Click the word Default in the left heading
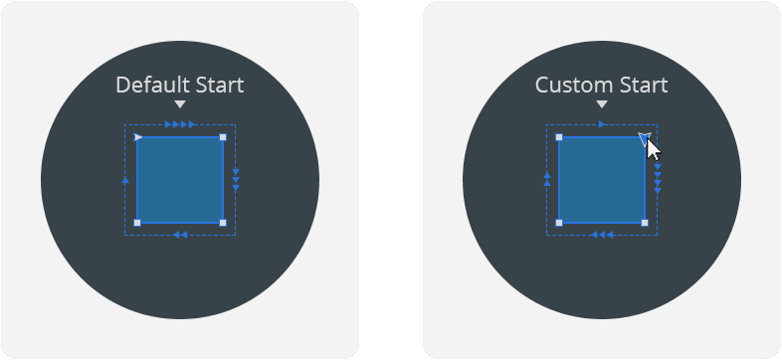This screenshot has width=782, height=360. (x=148, y=86)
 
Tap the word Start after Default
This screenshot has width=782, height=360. (x=215, y=86)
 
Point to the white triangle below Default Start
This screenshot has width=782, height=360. (x=180, y=104)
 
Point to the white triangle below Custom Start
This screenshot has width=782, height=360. (x=602, y=104)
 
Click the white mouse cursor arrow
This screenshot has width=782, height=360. (x=654, y=149)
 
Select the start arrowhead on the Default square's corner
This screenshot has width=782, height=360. (x=138, y=136)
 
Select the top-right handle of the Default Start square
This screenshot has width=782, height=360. (x=223, y=136)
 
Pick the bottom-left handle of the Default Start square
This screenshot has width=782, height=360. (x=137, y=223)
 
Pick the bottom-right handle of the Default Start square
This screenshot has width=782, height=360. (x=223, y=223)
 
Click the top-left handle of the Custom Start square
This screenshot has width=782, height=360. (x=559, y=136)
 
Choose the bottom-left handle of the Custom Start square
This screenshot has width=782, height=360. (x=559, y=223)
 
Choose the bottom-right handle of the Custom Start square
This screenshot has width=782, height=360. (x=645, y=223)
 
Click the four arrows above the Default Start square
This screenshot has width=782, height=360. (x=180, y=125)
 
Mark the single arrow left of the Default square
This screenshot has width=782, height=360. (x=125, y=180)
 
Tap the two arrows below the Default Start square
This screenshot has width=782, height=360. (x=180, y=235)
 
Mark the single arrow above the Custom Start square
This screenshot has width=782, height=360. (x=603, y=125)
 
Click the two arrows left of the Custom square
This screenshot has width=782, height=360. (x=547, y=179)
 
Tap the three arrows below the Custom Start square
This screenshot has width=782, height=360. (x=601, y=235)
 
